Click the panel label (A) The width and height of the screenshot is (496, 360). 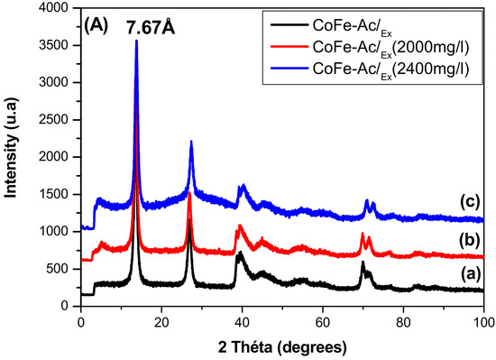(96, 27)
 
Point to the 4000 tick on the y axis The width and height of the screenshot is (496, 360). (58, 8)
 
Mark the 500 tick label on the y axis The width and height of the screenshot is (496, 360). (61, 269)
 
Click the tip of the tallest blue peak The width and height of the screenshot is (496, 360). (136, 41)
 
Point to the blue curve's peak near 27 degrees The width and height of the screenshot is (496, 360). (191, 142)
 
